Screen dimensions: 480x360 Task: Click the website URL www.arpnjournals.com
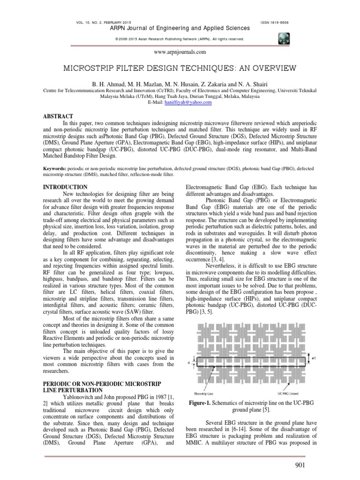180,52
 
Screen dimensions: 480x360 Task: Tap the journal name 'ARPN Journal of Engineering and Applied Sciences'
172,29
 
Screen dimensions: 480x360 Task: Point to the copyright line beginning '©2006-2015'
180,39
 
